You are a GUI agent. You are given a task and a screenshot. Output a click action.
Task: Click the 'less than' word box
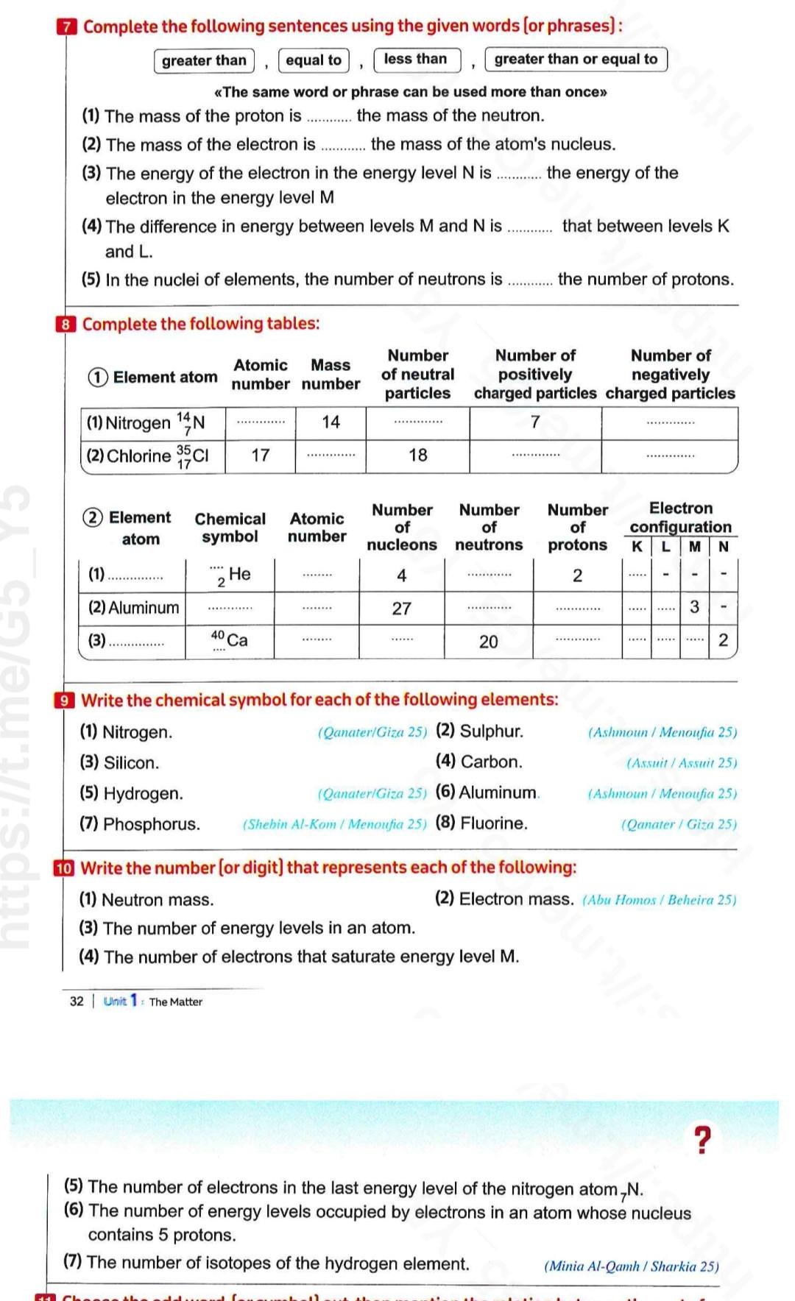click(x=417, y=60)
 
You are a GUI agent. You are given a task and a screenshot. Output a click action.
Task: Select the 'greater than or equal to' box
click(x=576, y=60)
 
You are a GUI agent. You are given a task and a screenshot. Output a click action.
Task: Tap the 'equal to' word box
click(x=314, y=60)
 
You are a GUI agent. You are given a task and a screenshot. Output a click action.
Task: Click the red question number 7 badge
click(x=66, y=27)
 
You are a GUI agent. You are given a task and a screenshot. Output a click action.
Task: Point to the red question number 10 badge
click(x=65, y=868)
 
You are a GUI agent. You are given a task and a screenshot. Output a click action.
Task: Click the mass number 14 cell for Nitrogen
click(x=331, y=422)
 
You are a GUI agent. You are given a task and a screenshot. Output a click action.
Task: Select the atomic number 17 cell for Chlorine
click(x=261, y=455)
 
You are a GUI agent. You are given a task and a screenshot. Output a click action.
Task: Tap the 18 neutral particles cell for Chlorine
click(x=417, y=455)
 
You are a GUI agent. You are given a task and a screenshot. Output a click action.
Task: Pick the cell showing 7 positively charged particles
click(x=535, y=422)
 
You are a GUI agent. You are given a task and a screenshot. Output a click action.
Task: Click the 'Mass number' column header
click(x=331, y=375)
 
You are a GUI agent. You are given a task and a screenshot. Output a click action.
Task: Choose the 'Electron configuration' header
click(x=680, y=517)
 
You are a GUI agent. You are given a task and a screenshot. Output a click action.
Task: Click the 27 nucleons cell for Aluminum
click(x=401, y=609)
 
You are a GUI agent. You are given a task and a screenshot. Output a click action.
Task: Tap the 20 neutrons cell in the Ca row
click(x=488, y=642)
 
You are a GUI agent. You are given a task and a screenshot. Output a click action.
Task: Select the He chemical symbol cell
click(x=230, y=575)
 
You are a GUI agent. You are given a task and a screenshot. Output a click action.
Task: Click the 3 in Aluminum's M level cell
click(x=694, y=608)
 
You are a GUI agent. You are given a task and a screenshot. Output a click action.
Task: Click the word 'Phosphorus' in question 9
click(x=151, y=824)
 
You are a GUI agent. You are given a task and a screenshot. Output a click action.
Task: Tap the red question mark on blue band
click(x=703, y=1140)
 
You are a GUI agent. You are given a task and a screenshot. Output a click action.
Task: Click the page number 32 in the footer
click(x=77, y=1002)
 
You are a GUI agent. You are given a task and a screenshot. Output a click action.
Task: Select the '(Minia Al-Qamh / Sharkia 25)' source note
click(x=631, y=1266)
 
